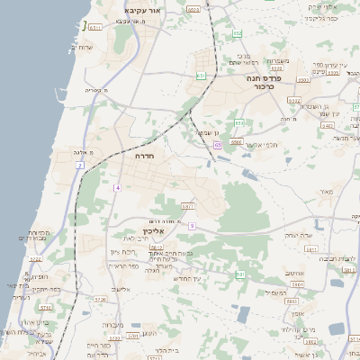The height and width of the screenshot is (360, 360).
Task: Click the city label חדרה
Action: click(144, 156)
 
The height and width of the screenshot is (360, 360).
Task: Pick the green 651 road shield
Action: click(201, 76)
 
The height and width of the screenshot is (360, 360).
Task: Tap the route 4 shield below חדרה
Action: click(117, 187)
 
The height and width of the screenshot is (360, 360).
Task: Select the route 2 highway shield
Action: click(79, 166)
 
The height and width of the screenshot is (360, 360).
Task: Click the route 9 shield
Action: click(192, 225)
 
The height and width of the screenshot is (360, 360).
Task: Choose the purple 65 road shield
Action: click(218, 144)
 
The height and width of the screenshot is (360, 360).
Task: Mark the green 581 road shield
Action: click(239, 274)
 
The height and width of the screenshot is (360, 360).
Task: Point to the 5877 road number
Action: click(188, 206)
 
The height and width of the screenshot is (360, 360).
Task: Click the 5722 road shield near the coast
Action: click(36, 259)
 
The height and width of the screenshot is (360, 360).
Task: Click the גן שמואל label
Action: click(209, 132)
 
